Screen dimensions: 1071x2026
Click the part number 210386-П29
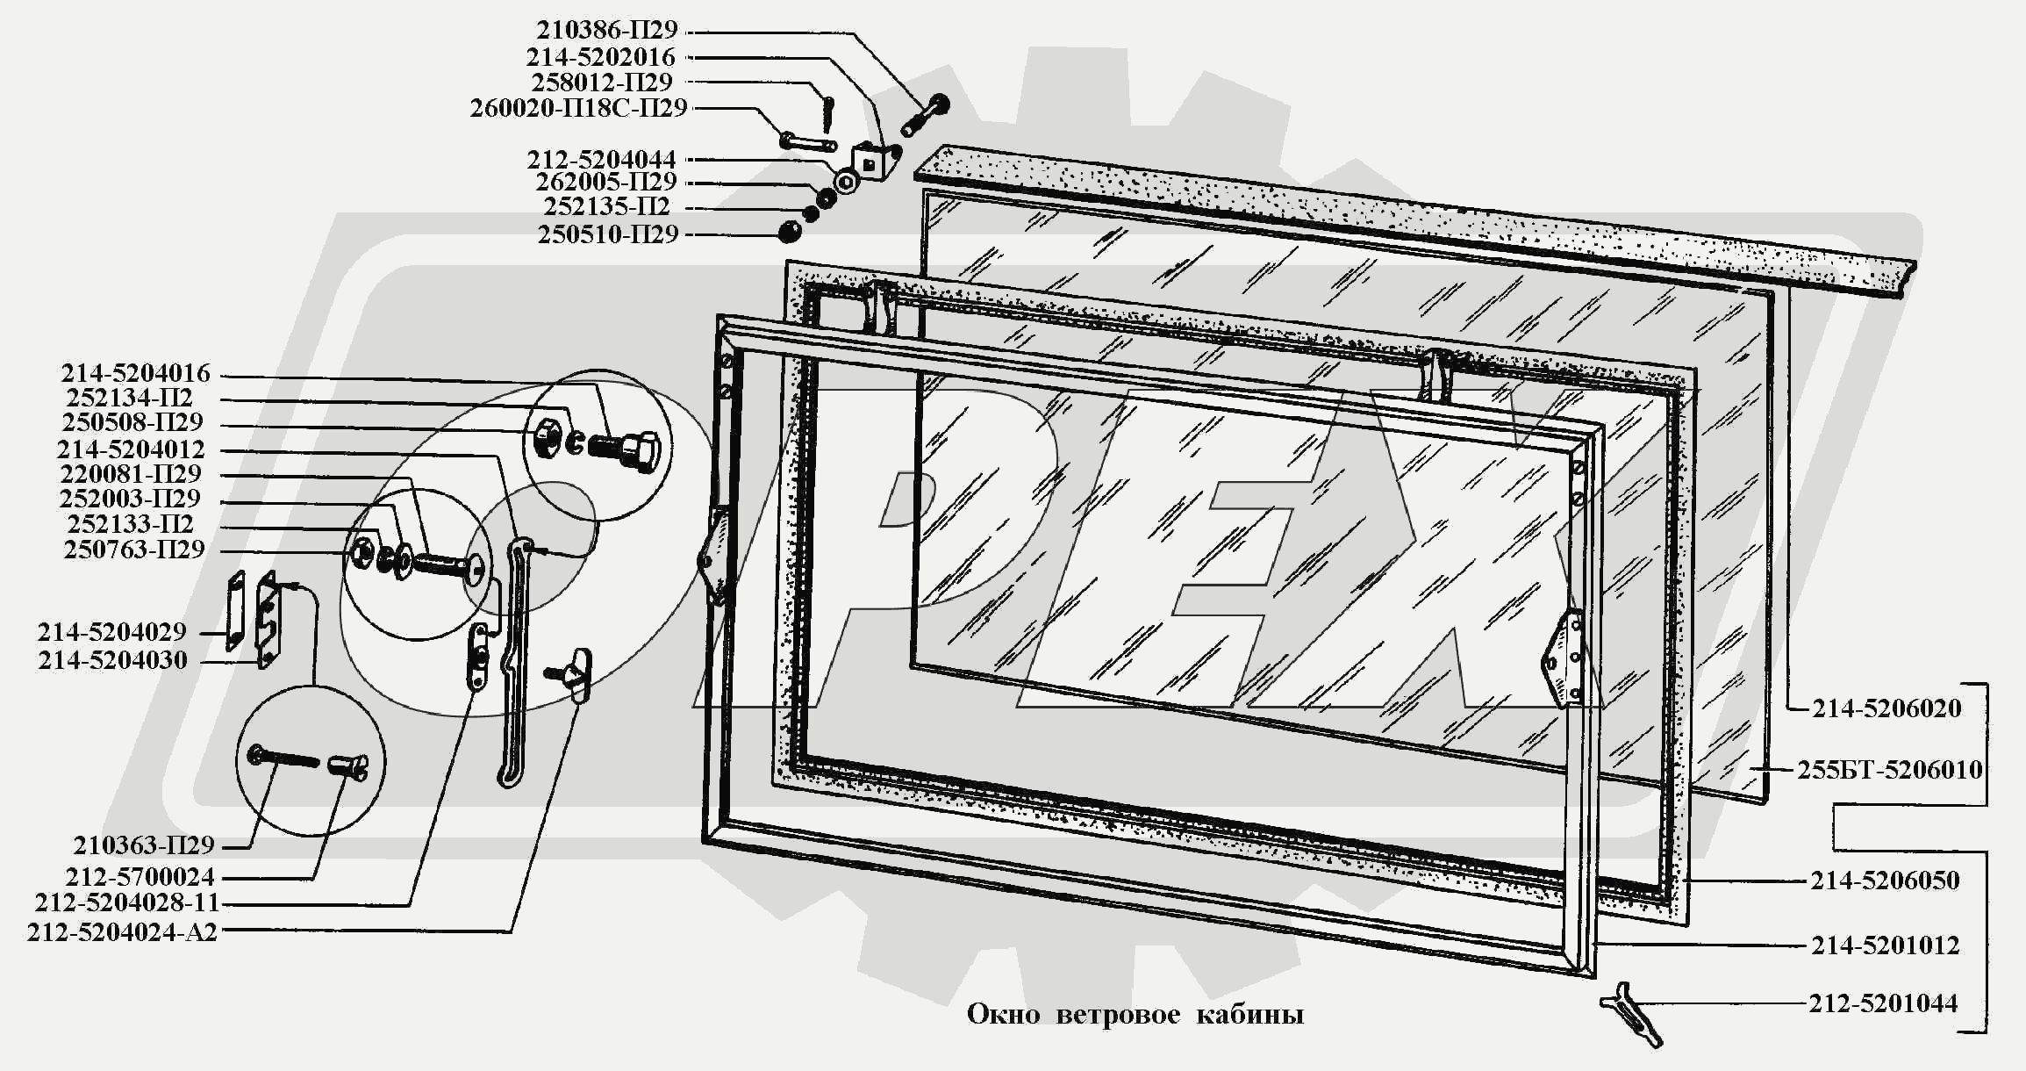pos(607,30)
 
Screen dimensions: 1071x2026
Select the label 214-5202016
pos(601,57)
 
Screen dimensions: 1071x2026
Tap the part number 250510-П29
pos(608,235)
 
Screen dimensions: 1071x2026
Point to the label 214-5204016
pos(135,373)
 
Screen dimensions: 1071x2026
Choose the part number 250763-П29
pos(134,550)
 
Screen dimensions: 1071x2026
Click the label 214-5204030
pos(112,660)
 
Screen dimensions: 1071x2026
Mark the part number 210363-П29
pos(144,845)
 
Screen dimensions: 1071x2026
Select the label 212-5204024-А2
pos(122,932)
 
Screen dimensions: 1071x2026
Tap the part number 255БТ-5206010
pos(1889,770)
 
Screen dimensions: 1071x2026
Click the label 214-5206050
pos(1885,881)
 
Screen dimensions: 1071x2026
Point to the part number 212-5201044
pos(1883,1003)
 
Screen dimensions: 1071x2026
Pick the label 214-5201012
pos(1885,945)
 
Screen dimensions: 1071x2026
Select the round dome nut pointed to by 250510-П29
pos(790,232)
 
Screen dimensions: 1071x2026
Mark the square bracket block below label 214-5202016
pos(874,161)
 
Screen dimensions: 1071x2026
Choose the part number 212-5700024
pos(140,876)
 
